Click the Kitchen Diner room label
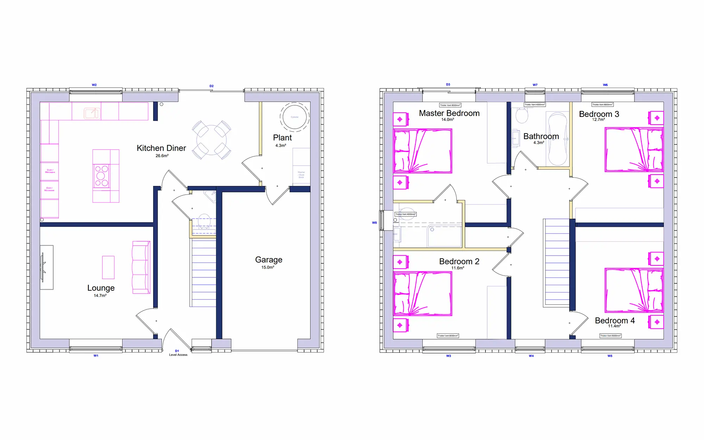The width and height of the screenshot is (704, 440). [x=161, y=148]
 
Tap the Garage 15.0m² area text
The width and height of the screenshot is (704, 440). [x=268, y=268]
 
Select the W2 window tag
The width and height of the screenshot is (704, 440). [x=94, y=85]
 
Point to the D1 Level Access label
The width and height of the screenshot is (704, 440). [x=178, y=353]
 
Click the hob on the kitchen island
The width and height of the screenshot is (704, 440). [x=102, y=176]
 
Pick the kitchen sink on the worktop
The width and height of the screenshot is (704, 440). [x=92, y=113]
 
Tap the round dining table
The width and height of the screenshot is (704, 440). [x=211, y=140]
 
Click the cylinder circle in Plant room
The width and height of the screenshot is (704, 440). [x=295, y=117]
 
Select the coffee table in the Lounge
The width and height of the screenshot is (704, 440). [x=108, y=267]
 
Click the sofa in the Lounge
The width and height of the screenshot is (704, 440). [x=141, y=267]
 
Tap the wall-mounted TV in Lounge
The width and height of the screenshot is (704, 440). [x=43, y=267]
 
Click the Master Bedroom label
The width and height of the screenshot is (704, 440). [x=449, y=113]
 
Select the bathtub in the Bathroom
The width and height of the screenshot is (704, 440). [x=558, y=139]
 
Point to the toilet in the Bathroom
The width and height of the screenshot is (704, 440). [x=522, y=115]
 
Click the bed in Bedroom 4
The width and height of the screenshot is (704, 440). [x=634, y=290]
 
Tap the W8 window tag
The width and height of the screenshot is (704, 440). [x=374, y=223]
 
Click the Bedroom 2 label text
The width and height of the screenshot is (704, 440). [x=459, y=262]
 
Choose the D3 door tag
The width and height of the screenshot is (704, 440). [x=448, y=84]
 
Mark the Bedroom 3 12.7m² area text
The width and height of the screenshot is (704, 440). [x=598, y=120]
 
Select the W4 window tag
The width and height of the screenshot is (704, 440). [x=531, y=356]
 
